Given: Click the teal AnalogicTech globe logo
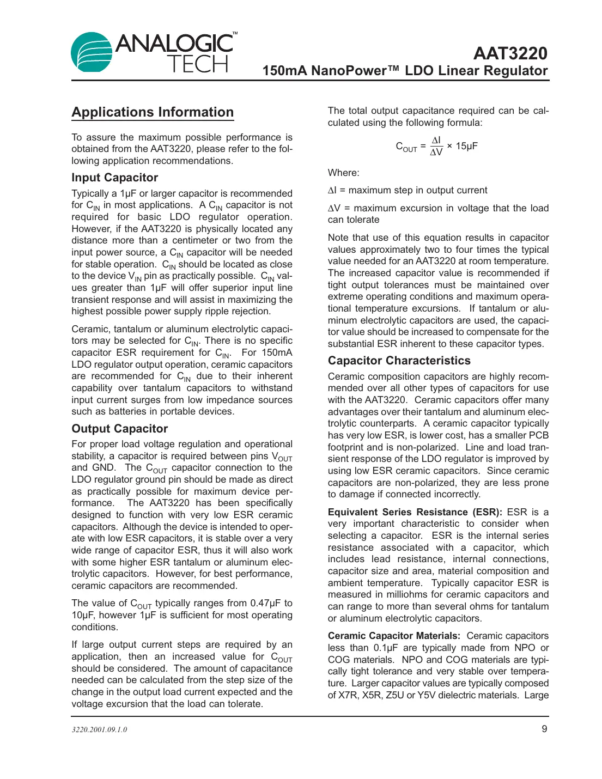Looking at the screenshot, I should [92, 52].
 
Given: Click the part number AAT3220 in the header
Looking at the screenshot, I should [510, 53].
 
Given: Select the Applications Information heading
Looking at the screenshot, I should [153, 112].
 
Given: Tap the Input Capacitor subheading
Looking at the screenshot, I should [114, 178].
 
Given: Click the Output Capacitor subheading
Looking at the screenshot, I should [119, 429].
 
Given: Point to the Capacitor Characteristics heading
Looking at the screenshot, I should [399, 361].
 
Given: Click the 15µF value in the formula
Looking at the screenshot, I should [467, 146].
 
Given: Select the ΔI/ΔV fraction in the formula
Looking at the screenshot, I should [436, 146].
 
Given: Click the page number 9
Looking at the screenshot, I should [544, 729].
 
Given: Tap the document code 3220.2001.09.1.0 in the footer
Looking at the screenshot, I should [99, 729].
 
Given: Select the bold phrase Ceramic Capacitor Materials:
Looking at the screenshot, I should [394, 636].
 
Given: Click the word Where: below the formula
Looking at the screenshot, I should [343, 173].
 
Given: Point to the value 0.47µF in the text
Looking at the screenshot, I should [266, 603].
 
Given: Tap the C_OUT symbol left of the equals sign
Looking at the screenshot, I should [406, 147].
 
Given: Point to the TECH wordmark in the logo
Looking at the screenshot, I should [197, 64].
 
